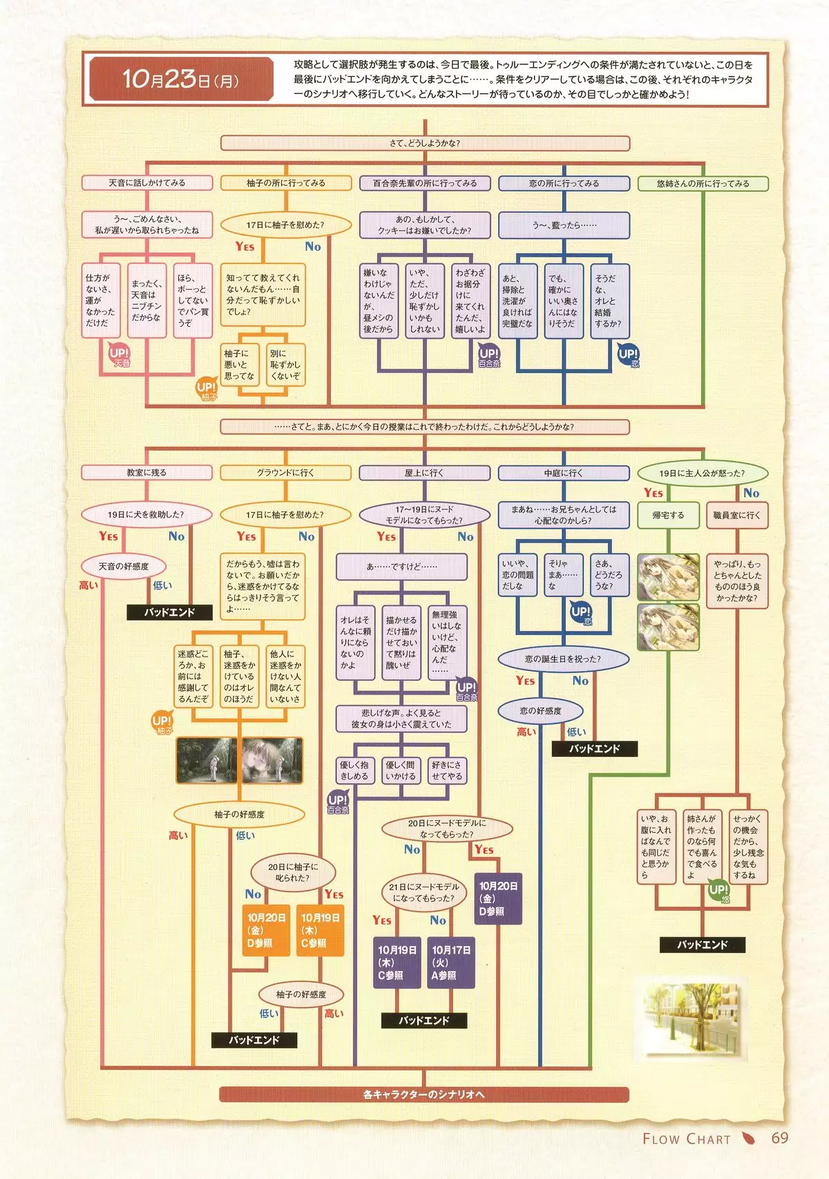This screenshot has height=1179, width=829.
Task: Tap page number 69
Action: (779, 1138)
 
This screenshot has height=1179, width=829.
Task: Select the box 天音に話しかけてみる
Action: (147, 183)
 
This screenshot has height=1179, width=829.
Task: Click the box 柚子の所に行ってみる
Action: (285, 183)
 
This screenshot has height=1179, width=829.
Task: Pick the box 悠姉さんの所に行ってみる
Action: (702, 184)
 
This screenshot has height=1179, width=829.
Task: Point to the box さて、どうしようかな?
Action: (424, 143)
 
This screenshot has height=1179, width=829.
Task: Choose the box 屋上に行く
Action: (424, 473)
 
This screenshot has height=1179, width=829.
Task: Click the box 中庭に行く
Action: (563, 473)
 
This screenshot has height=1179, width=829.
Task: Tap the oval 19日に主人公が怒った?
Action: (701, 473)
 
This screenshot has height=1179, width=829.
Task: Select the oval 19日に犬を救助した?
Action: (146, 515)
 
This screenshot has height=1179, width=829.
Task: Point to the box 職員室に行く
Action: (736, 516)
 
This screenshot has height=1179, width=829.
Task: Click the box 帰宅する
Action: (667, 516)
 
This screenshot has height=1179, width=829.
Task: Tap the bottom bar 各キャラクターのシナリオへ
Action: (423, 1095)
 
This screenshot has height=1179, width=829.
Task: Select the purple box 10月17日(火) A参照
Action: (451, 963)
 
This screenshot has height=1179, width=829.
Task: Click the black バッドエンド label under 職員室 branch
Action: (702, 945)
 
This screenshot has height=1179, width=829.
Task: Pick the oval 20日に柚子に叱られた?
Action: (293, 872)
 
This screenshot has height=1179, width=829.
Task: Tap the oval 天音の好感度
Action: (124, 567)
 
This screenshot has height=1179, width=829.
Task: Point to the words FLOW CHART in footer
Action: (686, 1139)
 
